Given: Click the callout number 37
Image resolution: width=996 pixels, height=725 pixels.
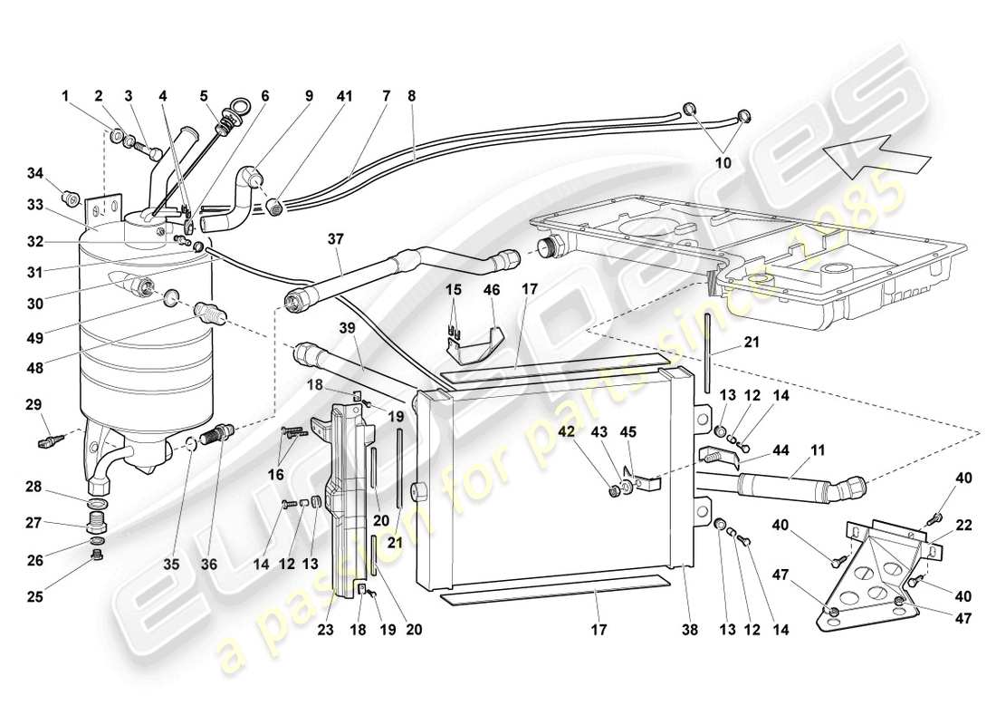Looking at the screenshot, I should [x=336, y=238].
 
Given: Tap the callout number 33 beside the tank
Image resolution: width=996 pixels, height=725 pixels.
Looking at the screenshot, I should [x=35, y=206].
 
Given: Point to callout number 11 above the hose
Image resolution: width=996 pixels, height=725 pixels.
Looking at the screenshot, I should [x=793, y=449].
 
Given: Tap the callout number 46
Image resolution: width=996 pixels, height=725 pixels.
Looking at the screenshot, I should [x=491, y=290].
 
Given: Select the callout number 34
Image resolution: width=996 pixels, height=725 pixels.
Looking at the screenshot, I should [x=35, y=172].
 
